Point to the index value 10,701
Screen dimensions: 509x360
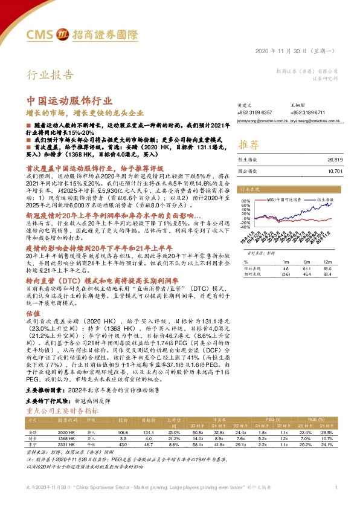coord(335,170)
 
